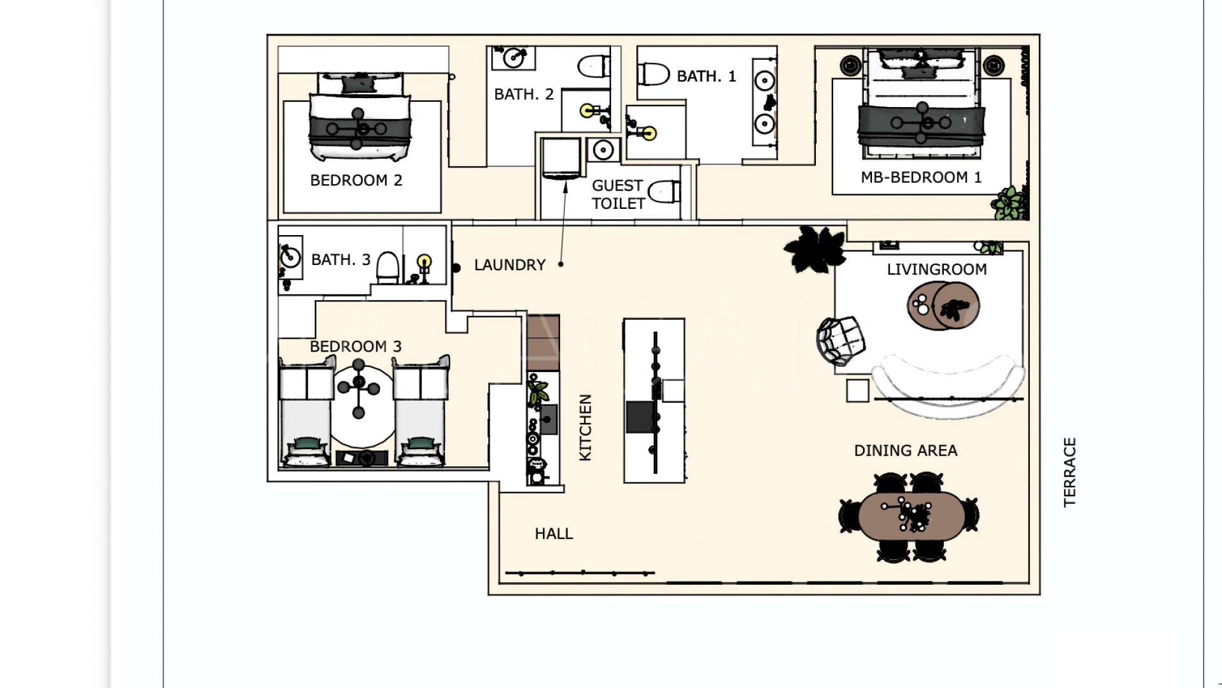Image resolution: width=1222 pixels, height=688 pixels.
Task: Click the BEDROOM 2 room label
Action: (x=356, y=180)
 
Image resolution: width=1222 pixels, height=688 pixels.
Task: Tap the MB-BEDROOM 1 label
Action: (x=920, y=177)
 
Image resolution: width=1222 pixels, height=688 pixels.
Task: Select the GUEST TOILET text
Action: (x=617, y=194)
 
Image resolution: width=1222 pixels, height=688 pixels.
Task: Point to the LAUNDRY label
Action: (x=510, y=264)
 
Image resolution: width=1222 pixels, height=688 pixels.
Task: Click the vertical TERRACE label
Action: (x=1069, y=471)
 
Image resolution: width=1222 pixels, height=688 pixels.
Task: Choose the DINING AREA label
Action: (x=905, y=450)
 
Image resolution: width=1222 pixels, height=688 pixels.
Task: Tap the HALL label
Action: (x=554, y=533)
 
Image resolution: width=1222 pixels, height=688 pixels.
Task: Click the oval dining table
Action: (x=910, y=516)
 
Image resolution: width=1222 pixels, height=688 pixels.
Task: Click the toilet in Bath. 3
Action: (x=388, y=267)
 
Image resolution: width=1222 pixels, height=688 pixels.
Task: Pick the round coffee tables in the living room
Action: (x=943, y=306)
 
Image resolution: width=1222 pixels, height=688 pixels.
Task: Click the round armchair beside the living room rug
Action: (x=841, y=341)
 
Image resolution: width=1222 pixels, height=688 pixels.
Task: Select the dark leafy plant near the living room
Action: (x=815, y=248)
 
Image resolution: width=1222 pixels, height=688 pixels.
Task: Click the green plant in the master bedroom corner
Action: (x=1009, y=204)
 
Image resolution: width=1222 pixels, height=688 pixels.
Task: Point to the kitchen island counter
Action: (x=654, y=400)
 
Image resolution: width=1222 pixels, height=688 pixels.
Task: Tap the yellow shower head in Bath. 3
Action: (x=425, y=261)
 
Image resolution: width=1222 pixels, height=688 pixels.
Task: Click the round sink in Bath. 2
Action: (x=513, y=58)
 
